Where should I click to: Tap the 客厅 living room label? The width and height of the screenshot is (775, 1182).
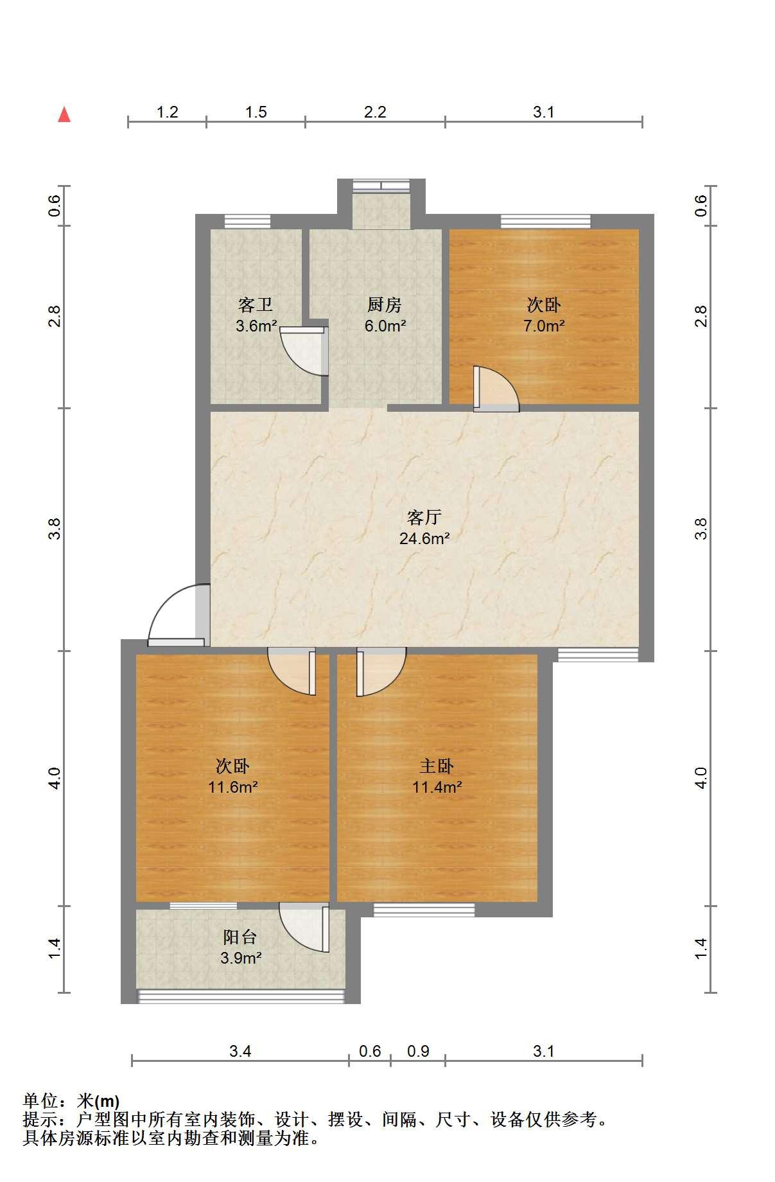424,516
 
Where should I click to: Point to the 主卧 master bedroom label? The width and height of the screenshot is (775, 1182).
437,766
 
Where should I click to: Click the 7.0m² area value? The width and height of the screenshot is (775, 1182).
544,326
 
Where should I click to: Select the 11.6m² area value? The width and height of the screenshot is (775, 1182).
233,787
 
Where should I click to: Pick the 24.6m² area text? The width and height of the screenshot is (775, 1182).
424,538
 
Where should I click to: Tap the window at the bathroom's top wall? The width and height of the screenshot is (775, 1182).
247,222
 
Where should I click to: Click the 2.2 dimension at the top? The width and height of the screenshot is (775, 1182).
375,112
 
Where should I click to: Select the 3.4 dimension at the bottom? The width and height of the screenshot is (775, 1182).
240,1051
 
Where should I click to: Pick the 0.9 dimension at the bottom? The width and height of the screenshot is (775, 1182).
418,1051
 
